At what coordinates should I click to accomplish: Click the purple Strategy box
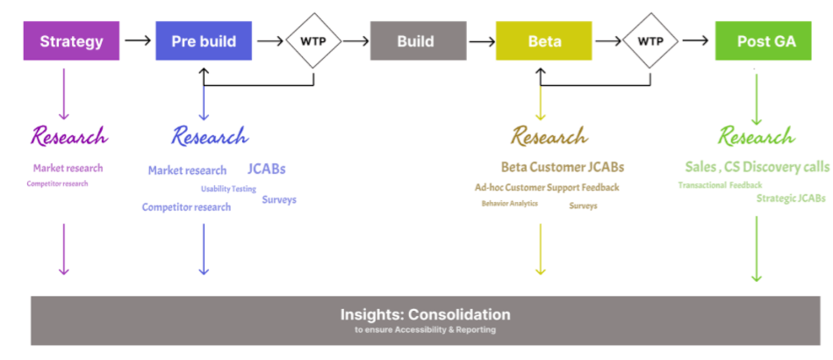[71, 41]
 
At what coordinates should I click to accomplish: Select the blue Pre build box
[203, 41]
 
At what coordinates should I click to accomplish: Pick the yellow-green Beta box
[544, 41]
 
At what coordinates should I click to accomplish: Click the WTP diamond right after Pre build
[315, 40]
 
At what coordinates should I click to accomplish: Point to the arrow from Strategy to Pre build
[137, 40]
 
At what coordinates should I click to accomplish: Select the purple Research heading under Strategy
[69, 137]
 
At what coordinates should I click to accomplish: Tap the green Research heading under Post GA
[756, 137]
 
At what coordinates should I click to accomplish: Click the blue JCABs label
[267, 169]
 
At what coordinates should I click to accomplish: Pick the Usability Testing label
[228, 189]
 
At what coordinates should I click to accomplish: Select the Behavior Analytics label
[509, 204]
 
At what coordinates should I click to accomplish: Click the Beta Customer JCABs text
[563, 167]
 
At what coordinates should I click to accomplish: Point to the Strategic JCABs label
[790, 198]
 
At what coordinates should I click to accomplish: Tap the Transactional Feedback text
[720, 185]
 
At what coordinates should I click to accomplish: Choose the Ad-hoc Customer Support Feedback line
[547, 187]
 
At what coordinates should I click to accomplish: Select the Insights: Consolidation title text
[426, 313]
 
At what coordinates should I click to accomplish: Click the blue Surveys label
[279, 200]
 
